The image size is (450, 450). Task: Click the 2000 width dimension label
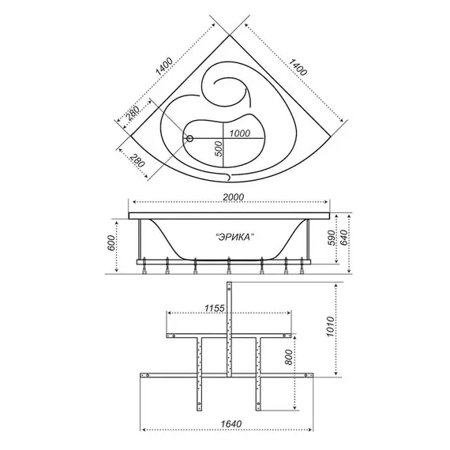pyautogui.click(x=234, y=197)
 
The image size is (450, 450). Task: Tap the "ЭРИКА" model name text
pyautogui.click(x=235, y=238)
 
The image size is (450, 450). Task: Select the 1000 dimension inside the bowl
pyautogui.click(x=240, y=133)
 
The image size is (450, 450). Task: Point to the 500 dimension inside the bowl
pyautogui.click(x=219, y=148)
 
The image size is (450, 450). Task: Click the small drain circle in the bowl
pyautogui.click(x=189, y=139)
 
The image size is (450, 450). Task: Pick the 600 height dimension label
pyautogui.click(x=111, y=243)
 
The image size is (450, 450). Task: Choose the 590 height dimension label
pyautogui.click(x=332, y=238)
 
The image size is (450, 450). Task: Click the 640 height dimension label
pyautogui.click(x=343, y=238)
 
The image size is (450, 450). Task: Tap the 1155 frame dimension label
pyautogui.click(x=215, y=308)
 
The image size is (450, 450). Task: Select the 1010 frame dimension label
pyautogui.click(x=330, y=327)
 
